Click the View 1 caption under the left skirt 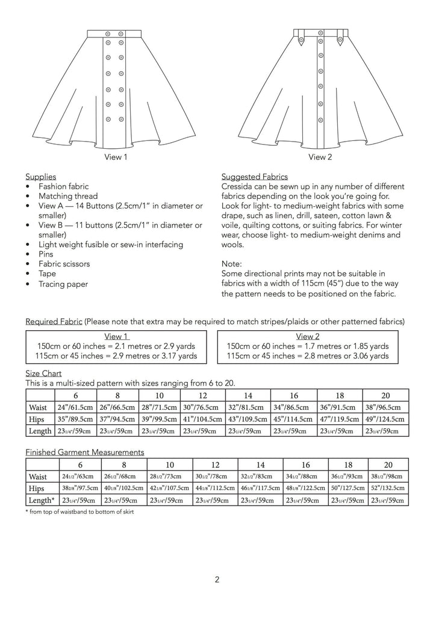click(116, 157)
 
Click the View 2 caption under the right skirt click(320, 157)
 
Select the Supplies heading click(40, 177)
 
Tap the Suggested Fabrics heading click(255, 177)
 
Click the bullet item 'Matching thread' click(68, 196)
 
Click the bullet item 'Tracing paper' click(63, 284)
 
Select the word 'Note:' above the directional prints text click(231, 264)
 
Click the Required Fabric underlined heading click(54, 321)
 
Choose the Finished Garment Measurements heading click(84, 452)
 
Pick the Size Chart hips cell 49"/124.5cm click(385, 419)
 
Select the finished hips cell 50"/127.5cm click(347, 488)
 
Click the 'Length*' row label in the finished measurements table click(42, 500)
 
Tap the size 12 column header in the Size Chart click(202, 395)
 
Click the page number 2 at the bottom click(217, 580)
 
